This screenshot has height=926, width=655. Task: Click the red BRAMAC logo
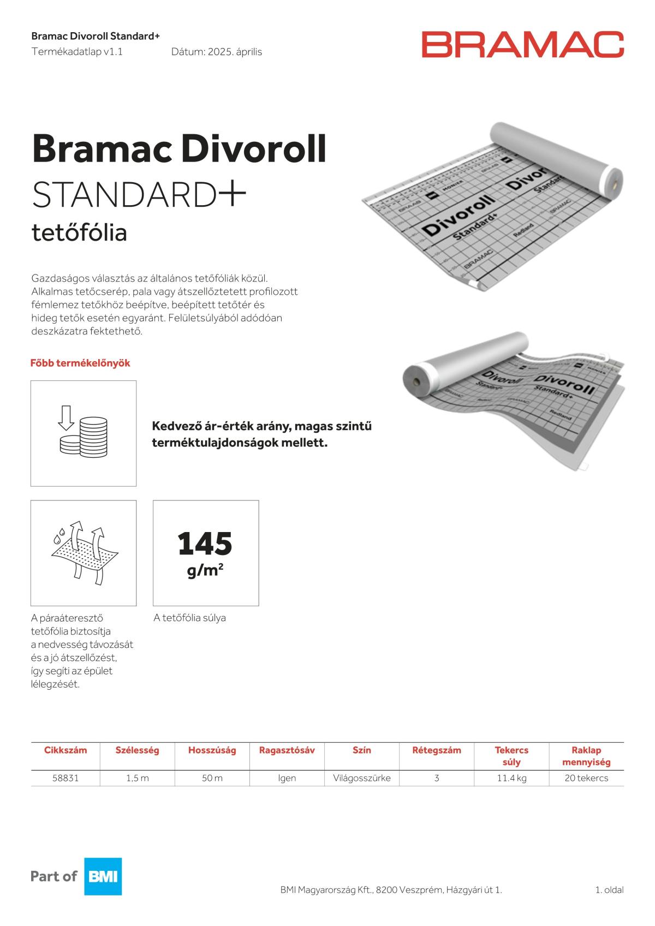click(x=522, y=45)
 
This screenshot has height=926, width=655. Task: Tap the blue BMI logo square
click(x=103, y=876)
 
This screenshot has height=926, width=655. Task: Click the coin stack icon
click(x=84, y=432)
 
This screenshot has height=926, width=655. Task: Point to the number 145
click(x=205, y=543)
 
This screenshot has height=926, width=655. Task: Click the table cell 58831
click(x=65, y=778)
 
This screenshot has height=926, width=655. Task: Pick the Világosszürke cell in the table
click(x=361, y=778)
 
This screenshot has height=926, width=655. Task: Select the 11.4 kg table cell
click(x=511, y=778)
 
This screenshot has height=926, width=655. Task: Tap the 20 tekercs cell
click(x=586, y=778)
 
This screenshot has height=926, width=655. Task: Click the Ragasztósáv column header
click(x=287, y=750)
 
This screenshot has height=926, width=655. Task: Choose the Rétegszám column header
click(x=437, y=750)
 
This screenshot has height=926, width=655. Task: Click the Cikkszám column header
click(x=65, y=750)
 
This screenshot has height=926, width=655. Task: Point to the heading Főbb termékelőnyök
click(x=80, y=363)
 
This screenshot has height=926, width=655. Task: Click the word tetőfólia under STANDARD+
click(x=80, y=233)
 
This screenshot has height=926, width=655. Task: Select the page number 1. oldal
click(x=609, y=890)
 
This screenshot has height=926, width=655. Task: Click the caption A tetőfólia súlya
click(x=190, y=618)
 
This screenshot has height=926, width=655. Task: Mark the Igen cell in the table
click(x=287, y=778)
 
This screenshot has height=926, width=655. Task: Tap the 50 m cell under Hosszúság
click(x=212, y=778)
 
